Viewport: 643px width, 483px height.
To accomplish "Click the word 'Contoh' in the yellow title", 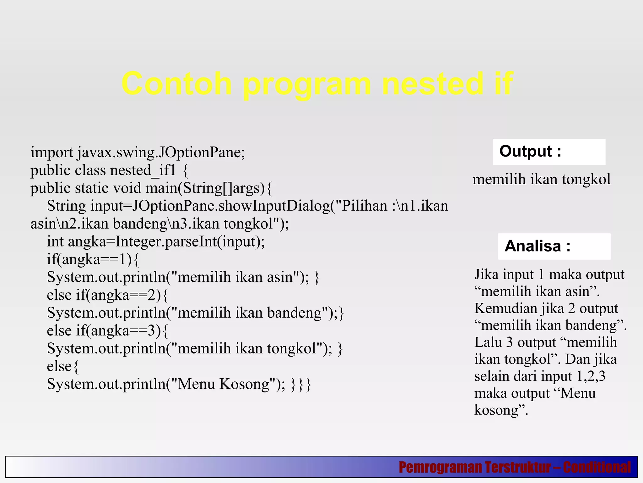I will click(176, 84).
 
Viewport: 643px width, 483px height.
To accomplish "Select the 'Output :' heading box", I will click(548, 152).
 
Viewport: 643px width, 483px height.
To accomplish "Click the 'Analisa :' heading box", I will click(554, 246).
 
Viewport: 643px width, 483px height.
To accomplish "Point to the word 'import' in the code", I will click(52, 153).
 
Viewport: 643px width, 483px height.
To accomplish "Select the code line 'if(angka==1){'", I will click(93, 259).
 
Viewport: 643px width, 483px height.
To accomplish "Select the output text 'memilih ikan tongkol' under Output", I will click(541, 180).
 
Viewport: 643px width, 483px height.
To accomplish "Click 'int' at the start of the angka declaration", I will click(55, 242).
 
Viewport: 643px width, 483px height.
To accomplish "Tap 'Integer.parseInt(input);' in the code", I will click(190, 242).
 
